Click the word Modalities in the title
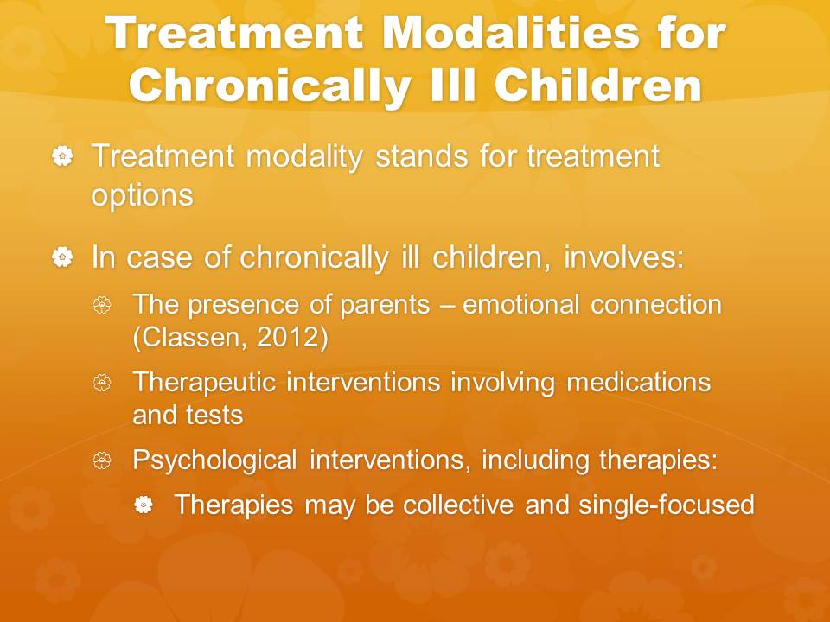coord(511,33)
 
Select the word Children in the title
coord(598,85)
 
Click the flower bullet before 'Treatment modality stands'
coord(62,156)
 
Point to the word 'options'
coord(143,195)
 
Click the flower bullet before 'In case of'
coord(62,257)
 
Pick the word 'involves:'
coord(624,257)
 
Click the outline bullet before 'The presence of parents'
coord(102,305)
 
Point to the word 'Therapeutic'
coord(204,383)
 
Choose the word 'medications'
coord(638,382)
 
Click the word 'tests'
coord(214,416)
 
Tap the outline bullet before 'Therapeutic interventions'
coord(102,383)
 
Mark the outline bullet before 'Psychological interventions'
coord(102,460)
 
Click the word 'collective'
coord(458,504)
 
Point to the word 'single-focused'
coord(667,505)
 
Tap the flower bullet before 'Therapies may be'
coord(144,505)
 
